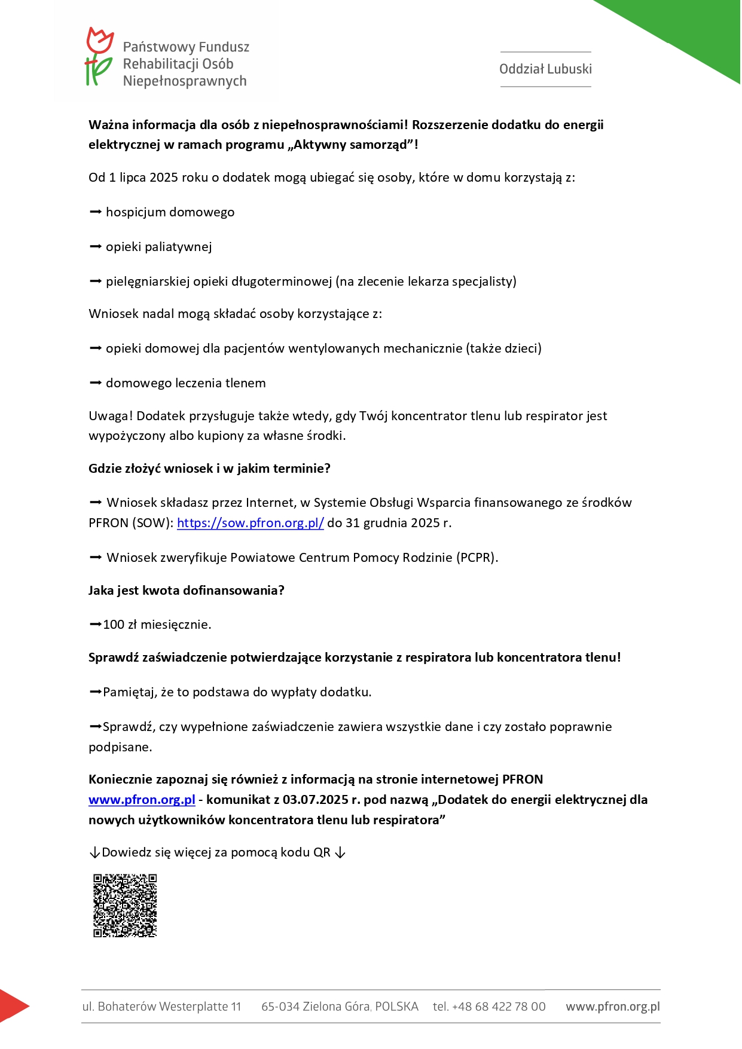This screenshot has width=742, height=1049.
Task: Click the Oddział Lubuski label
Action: [545, 69]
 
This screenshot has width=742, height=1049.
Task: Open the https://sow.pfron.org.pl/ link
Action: [250, 523]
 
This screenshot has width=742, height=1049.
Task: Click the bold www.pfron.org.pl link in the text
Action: [142, 800]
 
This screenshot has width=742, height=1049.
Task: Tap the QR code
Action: [125, 906]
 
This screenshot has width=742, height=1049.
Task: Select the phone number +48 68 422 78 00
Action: [498, 1007]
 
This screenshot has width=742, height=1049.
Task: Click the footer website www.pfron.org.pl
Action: [613, 1007]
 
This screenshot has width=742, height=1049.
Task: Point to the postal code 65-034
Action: [280, 1007]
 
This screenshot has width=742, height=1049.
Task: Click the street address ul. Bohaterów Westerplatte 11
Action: [161, 1007]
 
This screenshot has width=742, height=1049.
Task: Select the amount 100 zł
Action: [120, 625]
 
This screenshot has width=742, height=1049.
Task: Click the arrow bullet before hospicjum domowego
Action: [96, 212]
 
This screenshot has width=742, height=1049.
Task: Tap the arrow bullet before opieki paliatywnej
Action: [96, 247]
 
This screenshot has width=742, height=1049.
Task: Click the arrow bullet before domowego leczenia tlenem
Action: [96, 383]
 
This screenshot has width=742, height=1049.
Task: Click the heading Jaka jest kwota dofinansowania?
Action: [187, 591]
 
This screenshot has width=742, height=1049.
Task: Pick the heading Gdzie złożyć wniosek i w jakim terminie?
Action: [209, 469]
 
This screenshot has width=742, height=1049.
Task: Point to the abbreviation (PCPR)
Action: [477, 558]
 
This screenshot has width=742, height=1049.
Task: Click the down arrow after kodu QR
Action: [340, 853]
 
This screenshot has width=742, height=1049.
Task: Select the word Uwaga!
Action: [111, 416]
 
